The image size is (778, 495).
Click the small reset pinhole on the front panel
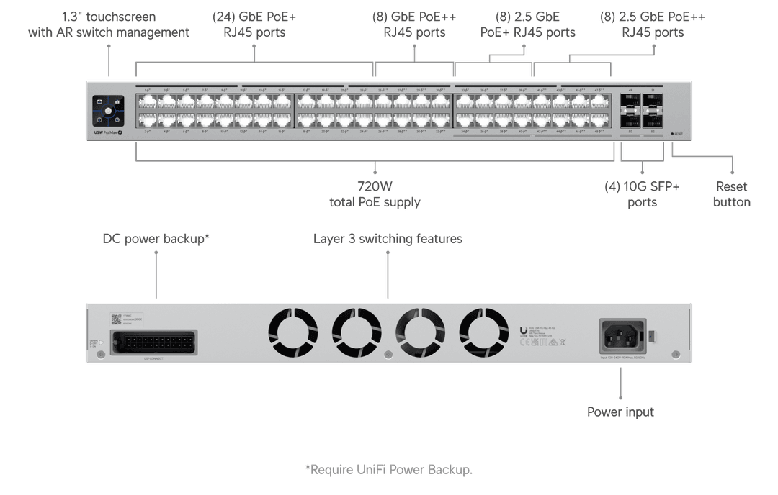click(672, 134)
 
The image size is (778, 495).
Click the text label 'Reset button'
click(731, 194)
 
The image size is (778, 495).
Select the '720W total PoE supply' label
click(375, 194)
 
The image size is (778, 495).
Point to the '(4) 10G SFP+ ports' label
click(641, 194)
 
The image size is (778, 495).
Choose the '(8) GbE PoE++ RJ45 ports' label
click(414, 24)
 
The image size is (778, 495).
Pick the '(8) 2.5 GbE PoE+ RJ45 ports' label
click(528, 24)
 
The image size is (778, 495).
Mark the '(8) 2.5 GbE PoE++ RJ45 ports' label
click(653, 24)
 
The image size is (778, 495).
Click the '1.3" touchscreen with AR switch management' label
click(109, 24)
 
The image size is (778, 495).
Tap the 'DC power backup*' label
click(156, 238)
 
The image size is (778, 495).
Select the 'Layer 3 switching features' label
click(388, 238)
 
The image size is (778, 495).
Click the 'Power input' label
click(620, 412)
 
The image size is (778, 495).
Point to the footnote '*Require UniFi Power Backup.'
click(388, 469)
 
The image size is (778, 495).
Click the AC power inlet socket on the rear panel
click(622, 335)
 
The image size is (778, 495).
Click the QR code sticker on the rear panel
click(116, 318)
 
